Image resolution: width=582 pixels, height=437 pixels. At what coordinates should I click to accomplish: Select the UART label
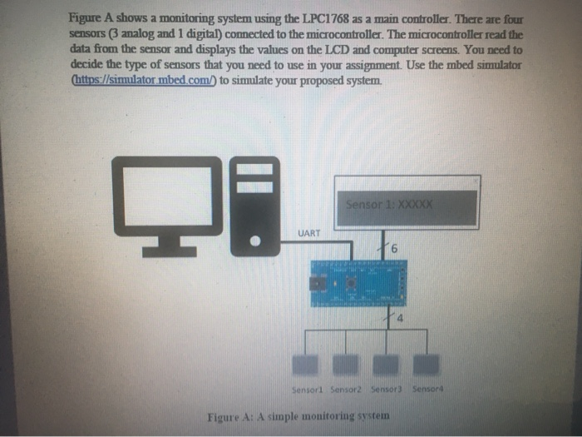click(x=308, y=234)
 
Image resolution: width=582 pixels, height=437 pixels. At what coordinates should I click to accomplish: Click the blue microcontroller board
click(x=358, y=283)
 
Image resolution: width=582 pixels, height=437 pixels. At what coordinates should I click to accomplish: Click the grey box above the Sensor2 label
click(x=348, y=364)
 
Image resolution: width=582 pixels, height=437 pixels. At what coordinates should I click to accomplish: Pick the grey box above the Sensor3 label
click(x=387, y=364)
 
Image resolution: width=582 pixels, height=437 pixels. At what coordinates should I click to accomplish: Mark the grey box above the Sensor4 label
click(x=427, y=364)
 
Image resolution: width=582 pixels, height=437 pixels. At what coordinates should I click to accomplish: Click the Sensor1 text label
click(x=307, y=389)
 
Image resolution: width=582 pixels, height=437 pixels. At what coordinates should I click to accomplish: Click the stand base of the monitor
click(x=170, y=251)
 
